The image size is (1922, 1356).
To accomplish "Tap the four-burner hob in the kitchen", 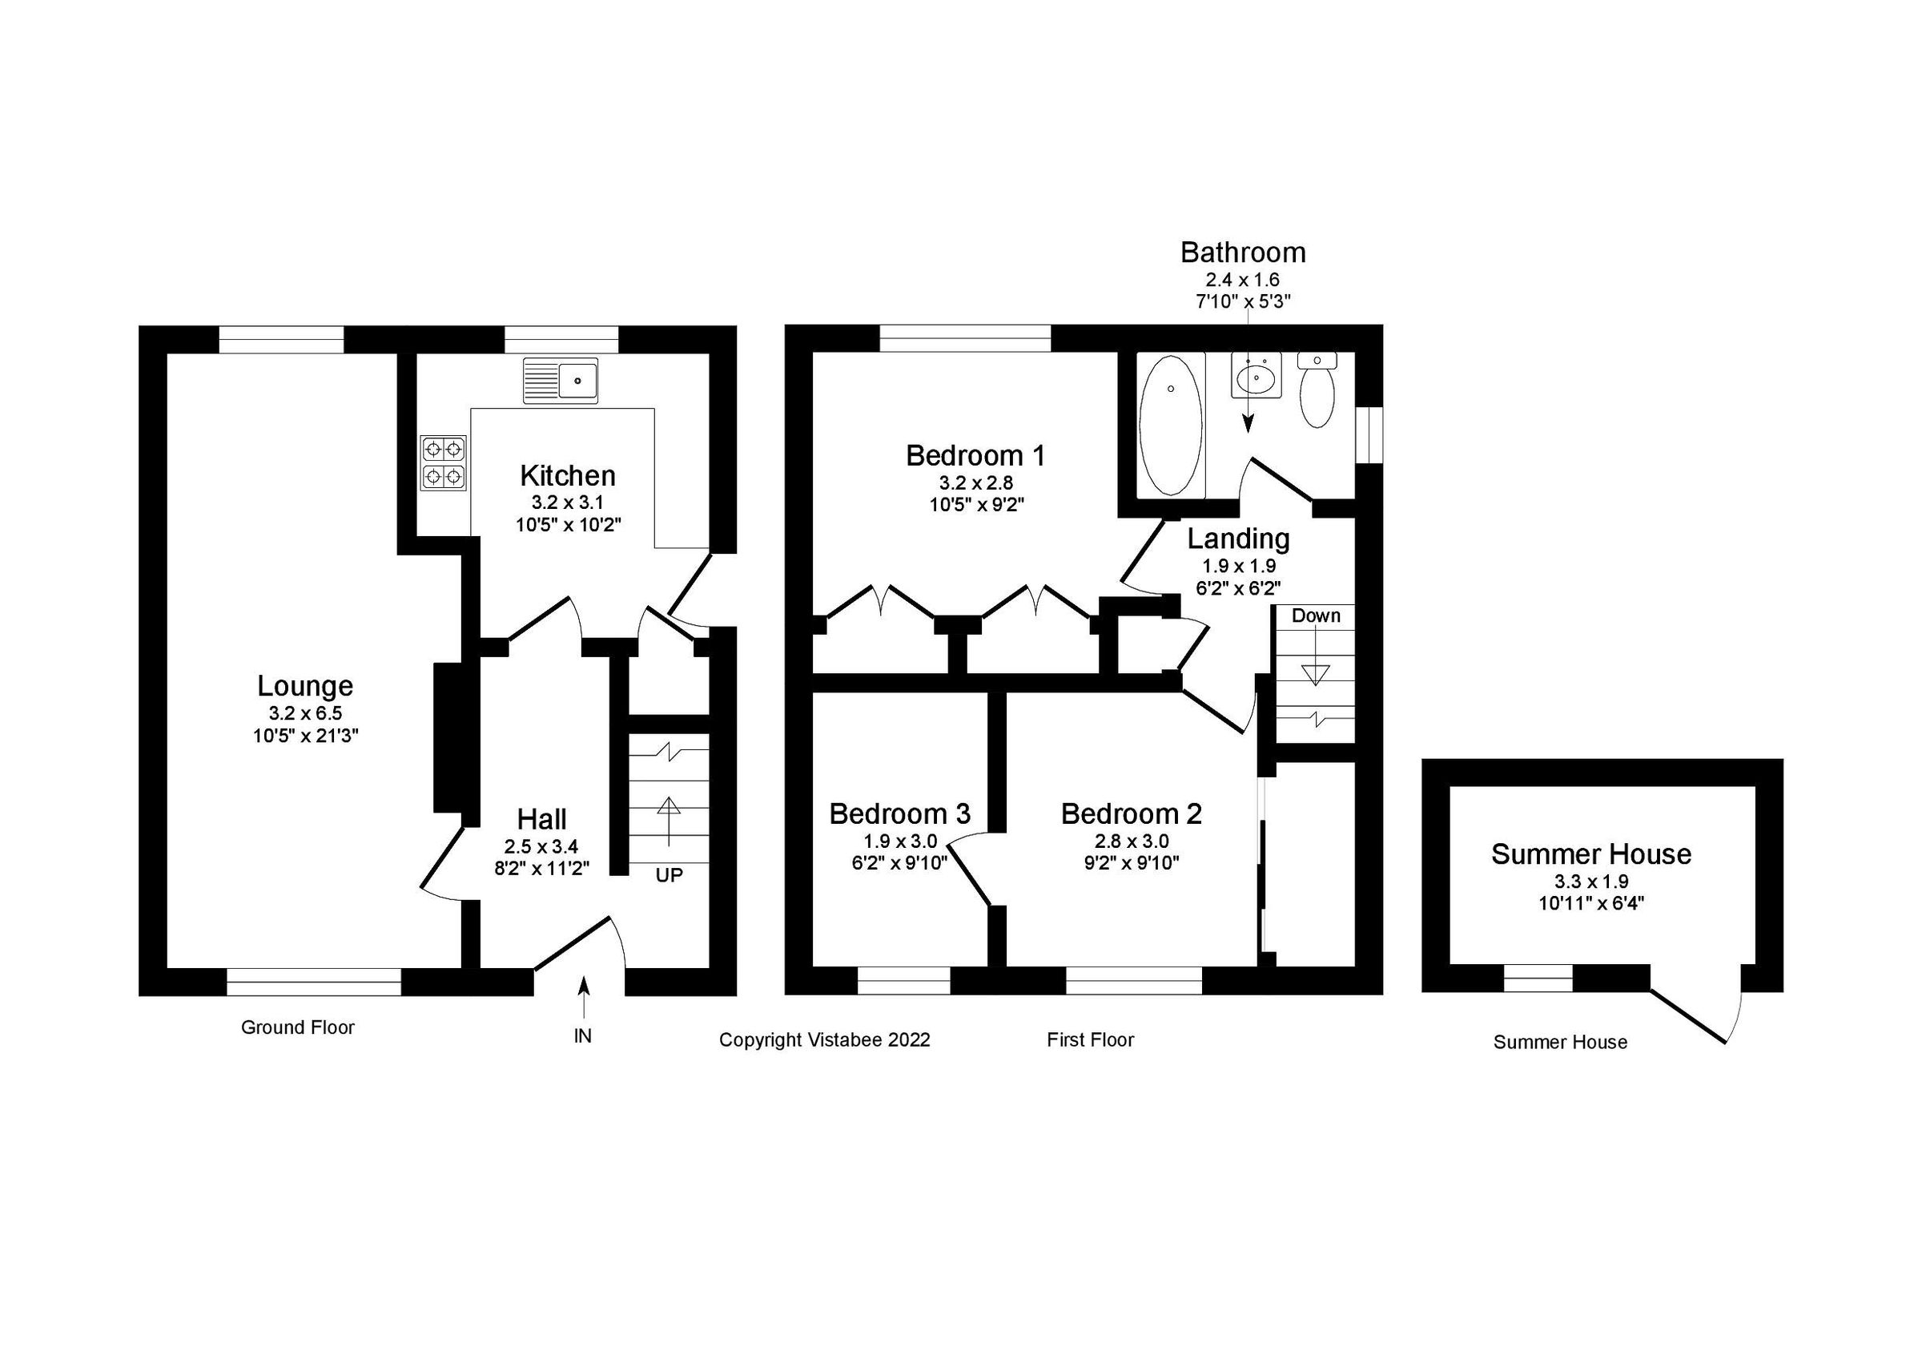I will point(444,462).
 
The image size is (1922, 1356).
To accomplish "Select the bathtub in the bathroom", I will point(1169,426).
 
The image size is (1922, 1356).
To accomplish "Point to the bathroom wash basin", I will point(1257,375).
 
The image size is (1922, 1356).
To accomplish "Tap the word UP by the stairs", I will point(669,875).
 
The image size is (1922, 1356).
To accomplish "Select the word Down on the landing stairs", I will point(1315,615).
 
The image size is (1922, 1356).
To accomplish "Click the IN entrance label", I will point(583,1036).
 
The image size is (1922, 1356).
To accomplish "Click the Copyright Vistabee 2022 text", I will point(825,1039).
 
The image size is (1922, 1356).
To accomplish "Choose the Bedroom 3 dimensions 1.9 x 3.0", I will point(900,841).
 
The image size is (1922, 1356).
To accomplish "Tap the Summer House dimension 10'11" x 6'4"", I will point(1590,903).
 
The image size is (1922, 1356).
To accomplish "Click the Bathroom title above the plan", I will point(1242,252).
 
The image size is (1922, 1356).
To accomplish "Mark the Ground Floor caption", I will point(297,1027).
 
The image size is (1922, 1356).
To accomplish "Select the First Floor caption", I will point(1090,1039).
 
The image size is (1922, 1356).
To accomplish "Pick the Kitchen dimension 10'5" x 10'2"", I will point(568,525).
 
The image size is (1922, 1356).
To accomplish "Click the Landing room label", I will point(1238,539).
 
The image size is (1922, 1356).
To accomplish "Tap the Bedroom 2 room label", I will point(1131,813).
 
